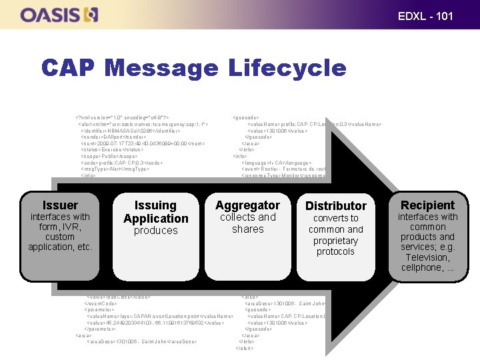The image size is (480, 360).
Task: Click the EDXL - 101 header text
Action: tap(425, 15)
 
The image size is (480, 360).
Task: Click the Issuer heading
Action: tap(60, 205)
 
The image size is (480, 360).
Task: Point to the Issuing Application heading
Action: tap(156, 212)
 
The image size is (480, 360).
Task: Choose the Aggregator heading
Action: tap(247, 205)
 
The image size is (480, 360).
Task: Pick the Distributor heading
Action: tap(335, 206)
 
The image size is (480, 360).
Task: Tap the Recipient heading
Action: tap(427, 205)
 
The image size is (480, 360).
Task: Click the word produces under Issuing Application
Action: tap(156, 231)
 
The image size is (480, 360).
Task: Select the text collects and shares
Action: tap(247, 223)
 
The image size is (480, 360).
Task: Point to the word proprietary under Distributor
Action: tap(335, 241)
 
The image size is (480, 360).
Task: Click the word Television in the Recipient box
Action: tap(427, 257)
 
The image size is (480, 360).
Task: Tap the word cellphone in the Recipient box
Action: tap(423, 267)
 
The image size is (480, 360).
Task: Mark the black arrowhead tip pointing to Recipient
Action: tap(393, 227)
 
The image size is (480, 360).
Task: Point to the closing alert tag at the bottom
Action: tap(244, 348)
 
